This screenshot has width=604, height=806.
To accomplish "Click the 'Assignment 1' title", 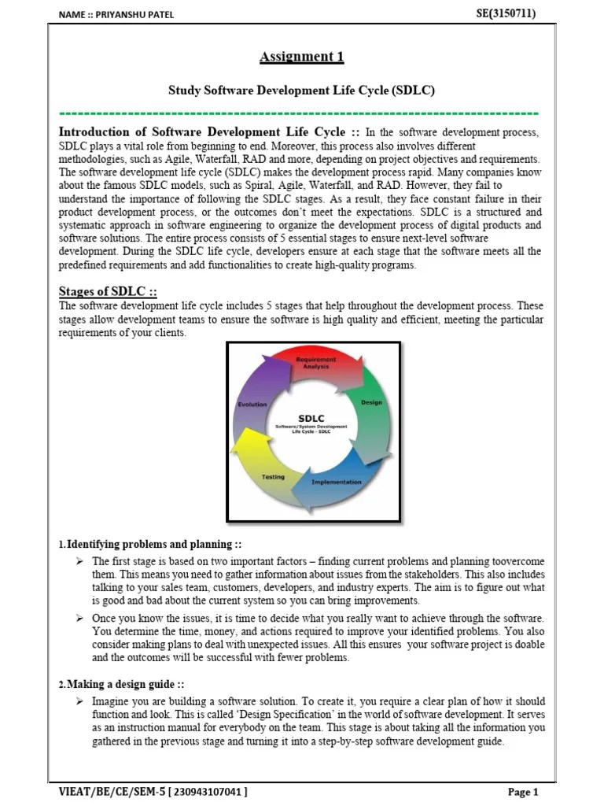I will (x=302, y=57).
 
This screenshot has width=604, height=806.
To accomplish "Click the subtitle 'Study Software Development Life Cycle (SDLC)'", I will (x=302, y=91).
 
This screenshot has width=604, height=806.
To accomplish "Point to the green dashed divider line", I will (x=299, y=113).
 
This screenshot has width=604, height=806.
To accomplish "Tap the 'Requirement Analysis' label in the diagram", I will (x=315, y=362).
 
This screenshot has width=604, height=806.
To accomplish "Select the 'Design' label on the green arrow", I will (x=371, y=402).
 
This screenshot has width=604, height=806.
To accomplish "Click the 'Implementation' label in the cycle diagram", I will (x=337, y=482).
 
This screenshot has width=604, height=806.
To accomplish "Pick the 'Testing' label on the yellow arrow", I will (x=273, y=477).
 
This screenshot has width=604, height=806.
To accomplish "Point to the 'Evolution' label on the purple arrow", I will (x=252, y=404).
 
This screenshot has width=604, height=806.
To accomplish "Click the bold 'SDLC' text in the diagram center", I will (x=311, y=418).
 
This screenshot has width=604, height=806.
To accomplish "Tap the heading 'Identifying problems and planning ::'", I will (x=154, y=545).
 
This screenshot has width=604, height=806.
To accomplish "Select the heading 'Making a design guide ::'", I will (x=126, y=685).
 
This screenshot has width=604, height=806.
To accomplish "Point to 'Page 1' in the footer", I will (x=523, y=792).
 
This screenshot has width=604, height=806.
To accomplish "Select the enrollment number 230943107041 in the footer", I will (x=208, y=792).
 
